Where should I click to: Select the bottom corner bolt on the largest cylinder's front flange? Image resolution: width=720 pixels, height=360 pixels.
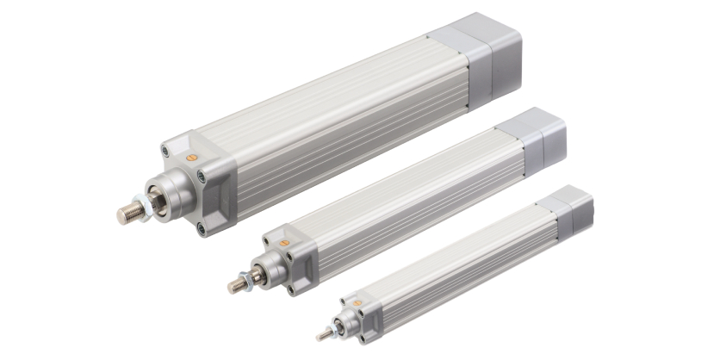pos(200,228)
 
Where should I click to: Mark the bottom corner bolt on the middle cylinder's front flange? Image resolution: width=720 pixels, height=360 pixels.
pos(290,289)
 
